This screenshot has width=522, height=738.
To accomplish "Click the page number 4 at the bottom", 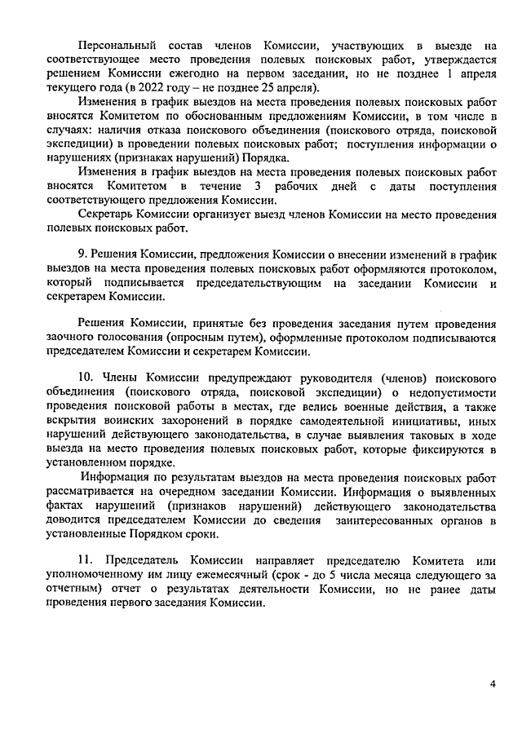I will click(493, 683).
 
